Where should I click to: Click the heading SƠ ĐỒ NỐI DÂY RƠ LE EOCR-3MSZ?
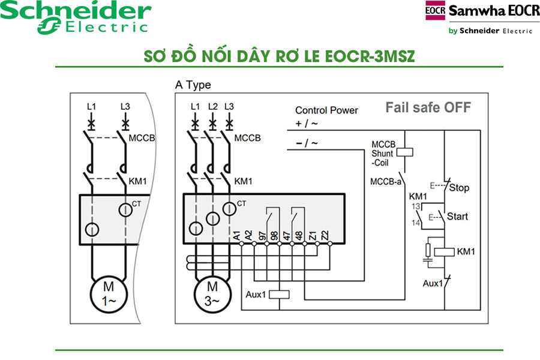click(279, 56)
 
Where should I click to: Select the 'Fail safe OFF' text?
click(428, 107)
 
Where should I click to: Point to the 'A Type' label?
click(193, 85)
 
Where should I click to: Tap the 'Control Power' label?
click(326, 110)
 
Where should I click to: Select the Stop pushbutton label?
click(459, 188)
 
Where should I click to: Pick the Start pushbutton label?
click(458, 216)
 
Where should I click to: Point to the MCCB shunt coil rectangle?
click(406, 152)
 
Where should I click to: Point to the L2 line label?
click(212, 106)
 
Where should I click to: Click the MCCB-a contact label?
click(385, 180)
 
